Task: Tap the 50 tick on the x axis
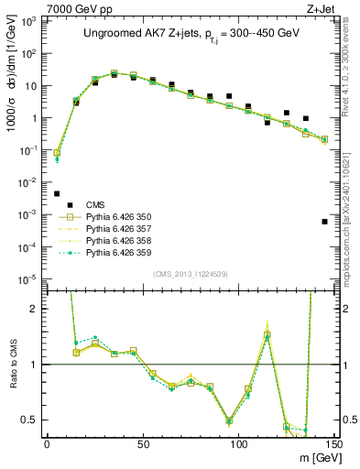pos(143,443)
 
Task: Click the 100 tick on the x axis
pos(238,443)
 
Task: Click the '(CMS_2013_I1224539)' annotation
pos(190,273)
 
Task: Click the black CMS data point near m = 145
pos(324,222)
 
